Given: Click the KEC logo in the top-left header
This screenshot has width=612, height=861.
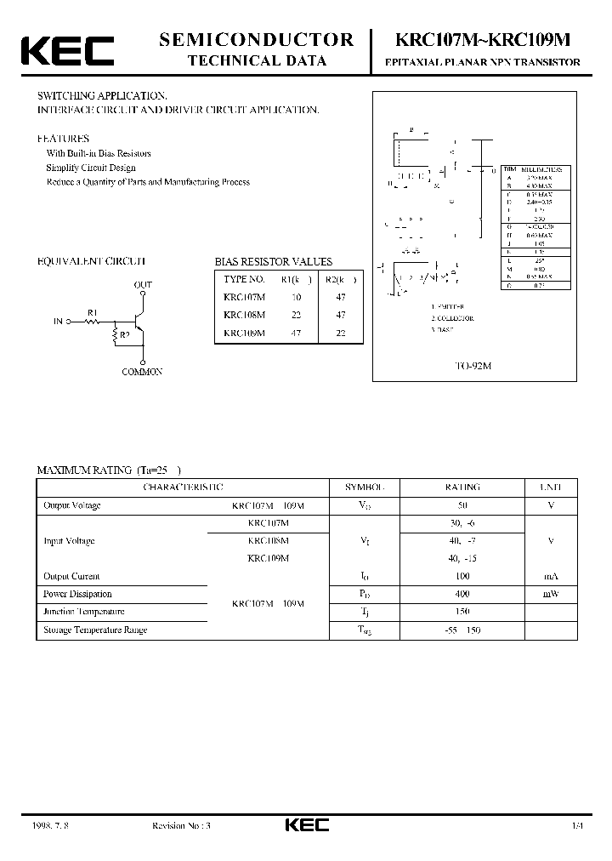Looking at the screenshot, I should coord(67,50).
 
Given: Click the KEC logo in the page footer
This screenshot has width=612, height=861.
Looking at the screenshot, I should coord(306,824).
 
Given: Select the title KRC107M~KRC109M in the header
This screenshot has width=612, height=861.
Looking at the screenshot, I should coord(483,40).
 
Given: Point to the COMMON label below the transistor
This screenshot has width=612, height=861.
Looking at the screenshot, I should coord(142,372).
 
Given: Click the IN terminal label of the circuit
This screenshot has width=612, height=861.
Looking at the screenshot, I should coord(58,322).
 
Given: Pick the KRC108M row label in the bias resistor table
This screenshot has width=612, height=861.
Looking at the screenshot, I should coord(244,315).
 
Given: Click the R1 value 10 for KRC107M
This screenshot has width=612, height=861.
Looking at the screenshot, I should coord(297,296).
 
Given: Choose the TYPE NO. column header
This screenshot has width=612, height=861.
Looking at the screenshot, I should coord(245,278).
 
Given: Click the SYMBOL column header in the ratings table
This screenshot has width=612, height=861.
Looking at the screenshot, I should coord(365,488).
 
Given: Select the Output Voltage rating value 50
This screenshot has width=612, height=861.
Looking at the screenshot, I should coord(462,505).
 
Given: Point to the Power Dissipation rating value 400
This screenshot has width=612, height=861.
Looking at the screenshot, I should coord(462,594).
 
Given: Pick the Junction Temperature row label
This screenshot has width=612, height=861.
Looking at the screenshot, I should coord(84,612).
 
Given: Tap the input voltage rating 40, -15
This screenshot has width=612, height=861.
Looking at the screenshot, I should coord(462,558).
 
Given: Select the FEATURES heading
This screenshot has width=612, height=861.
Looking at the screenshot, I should coord(63,138).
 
